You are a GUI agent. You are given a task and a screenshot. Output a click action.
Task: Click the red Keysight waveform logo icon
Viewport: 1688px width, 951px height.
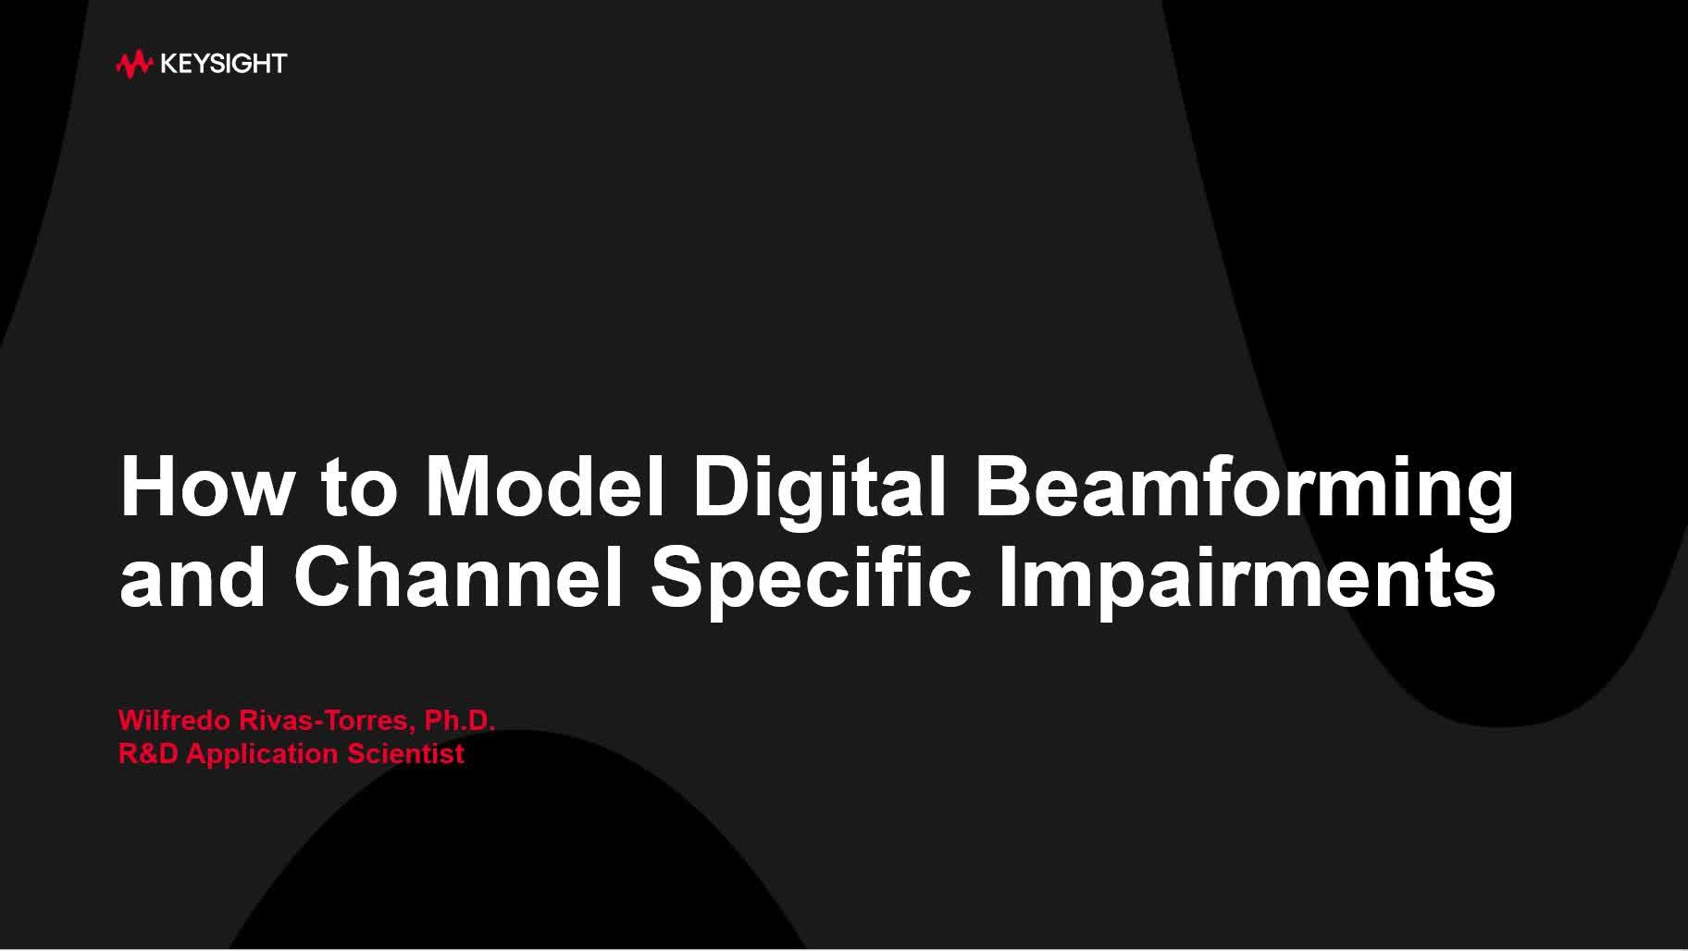point(133,64)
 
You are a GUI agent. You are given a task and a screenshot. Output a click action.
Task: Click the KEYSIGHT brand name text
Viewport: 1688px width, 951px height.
point(223,64)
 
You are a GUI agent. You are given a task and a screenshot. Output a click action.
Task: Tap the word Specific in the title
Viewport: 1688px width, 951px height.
point(811,583)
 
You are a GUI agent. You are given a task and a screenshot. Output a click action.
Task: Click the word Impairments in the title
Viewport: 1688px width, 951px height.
point(1247,583)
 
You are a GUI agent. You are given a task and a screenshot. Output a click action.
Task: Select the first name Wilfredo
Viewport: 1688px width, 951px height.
point(175,720)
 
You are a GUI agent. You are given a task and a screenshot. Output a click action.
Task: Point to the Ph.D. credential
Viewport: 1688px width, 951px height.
point(460,720)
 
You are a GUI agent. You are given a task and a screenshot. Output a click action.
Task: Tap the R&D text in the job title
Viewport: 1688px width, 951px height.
point(149,754)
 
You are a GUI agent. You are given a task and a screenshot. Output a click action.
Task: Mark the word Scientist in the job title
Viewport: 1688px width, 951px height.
point(405,754)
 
